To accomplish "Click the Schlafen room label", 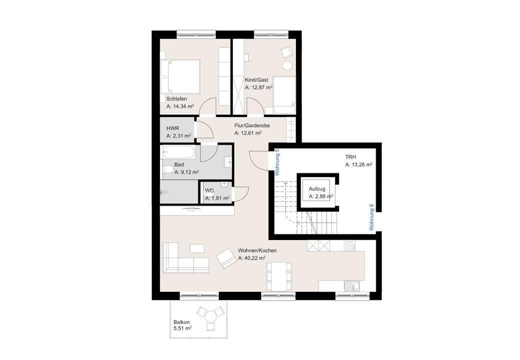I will pyautogui.click(x=176, y=99).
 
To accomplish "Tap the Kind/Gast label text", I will pyautogui.click(x=256, y=80).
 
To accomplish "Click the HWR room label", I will pyautogui.click(x=172, y=128).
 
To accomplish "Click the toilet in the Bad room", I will pyautogui.click(x=167, y=171).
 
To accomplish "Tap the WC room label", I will pyautogui.click(x=209, y=190).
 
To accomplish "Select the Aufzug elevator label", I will pyautogui.click(x=317, y=189).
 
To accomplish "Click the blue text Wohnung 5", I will pyautogui.click(x=277, y=162).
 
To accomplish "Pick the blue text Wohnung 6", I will pyautogui.click(x=371, y=216).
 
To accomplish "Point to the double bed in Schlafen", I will pyautogui.click(x=180, y=76).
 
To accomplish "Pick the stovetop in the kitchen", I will pyautogui.click(x=349, y=245).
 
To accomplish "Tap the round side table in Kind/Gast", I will pyautogui.click(x=287, y=65).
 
